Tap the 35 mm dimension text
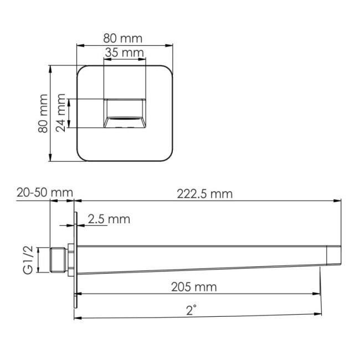tap(124, 53)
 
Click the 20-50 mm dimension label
tap(45, 192)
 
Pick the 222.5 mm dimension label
tap(205, 193)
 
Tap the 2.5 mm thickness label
tap(109, 219)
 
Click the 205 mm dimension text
tap(194, 287)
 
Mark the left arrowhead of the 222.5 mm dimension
tap(78, 200)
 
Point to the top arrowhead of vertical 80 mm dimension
tap(50, 69)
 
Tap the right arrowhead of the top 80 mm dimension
tap(171, 45)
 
